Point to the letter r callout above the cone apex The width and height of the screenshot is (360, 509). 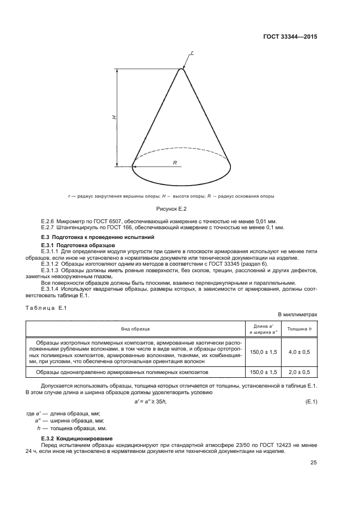(192, 53)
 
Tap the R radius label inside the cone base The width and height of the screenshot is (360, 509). (175, 163)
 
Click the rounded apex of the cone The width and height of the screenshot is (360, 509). (182, 69)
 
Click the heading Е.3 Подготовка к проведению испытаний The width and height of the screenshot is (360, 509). (98, 238)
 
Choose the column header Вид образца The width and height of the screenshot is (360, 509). (136, 329)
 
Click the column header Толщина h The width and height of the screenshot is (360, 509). (298, 329)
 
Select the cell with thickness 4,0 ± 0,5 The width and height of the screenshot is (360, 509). (298, 352)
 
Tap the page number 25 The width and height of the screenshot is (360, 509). (313, 463)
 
